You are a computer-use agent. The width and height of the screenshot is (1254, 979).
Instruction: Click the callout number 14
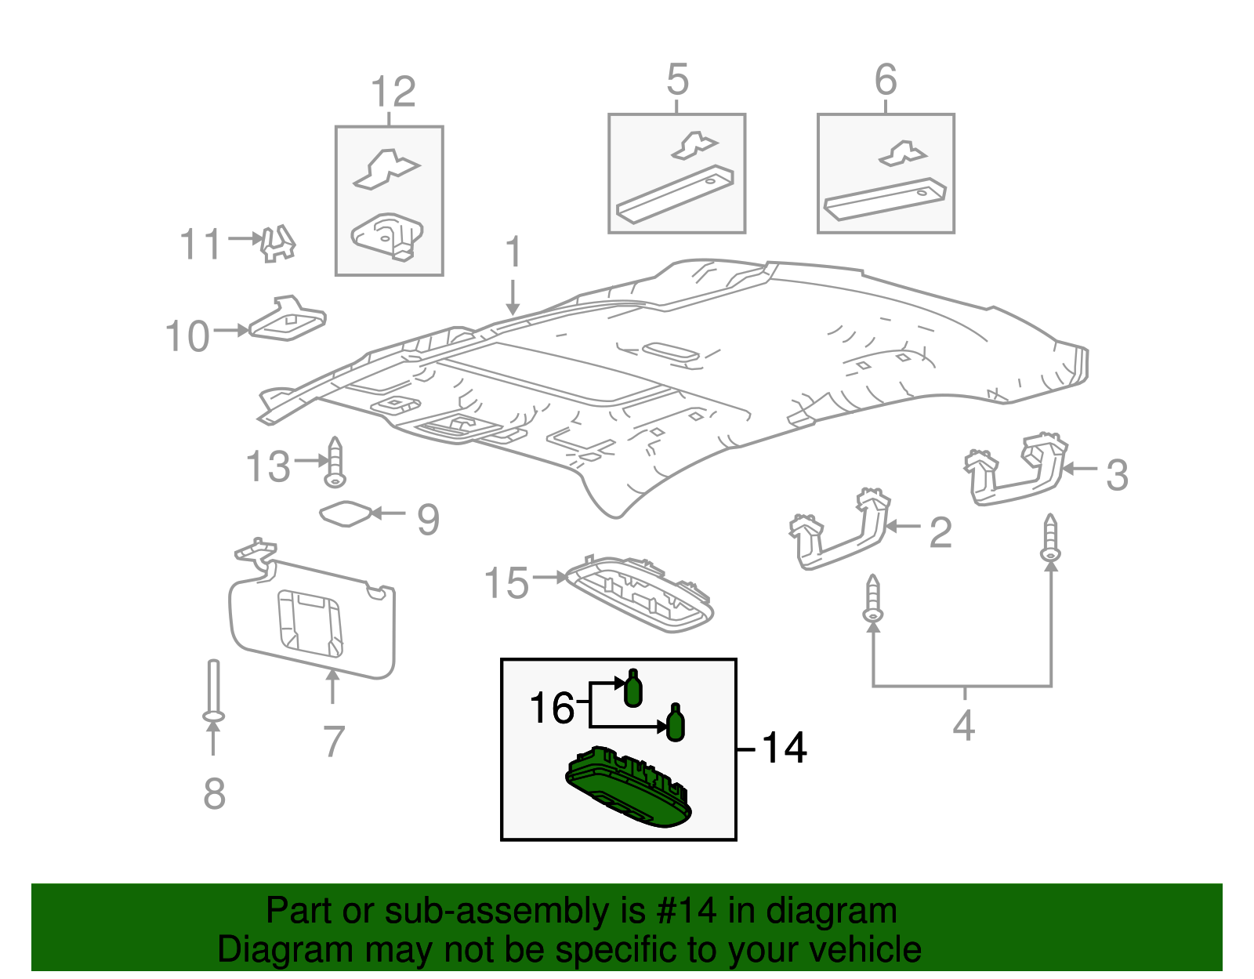coord(784,748)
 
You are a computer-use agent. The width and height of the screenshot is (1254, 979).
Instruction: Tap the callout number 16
coord(553,708)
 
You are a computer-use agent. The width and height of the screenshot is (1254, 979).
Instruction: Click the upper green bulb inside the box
coord(632,689)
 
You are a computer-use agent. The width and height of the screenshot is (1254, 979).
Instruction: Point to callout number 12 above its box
coord(393,92)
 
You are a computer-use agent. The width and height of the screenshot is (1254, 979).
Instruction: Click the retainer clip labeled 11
coord(278,243)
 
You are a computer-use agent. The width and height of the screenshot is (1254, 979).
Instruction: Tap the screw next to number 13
coord(335,463)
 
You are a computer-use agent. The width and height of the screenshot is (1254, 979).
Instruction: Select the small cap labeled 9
coord(345,514)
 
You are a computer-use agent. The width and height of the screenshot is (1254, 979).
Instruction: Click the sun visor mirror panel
coord(310,622)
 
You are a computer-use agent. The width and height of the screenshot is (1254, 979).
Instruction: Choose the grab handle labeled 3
coord(1016,470)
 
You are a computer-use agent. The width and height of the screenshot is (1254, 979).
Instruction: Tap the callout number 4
coord(964,725)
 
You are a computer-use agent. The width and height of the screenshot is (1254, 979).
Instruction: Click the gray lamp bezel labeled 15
coord(641,595)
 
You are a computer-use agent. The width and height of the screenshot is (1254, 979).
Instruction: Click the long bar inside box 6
coord(885,201)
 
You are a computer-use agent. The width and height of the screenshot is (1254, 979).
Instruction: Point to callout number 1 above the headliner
coord(513,252)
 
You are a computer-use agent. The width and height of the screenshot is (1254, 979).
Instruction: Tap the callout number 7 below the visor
coord(334,742)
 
